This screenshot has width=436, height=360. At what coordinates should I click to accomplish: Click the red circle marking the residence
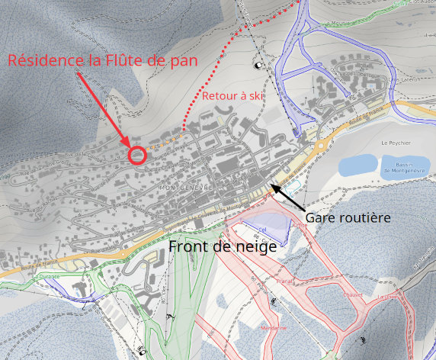click(x=137, y=155)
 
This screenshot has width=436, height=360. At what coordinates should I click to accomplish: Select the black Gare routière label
click(x=348, y=217)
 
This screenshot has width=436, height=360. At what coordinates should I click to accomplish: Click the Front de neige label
click(x=222, y=247)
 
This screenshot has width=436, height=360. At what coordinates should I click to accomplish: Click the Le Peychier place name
click(x=396, y=143)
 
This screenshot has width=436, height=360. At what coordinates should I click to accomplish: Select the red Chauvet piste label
click(x=353, y=293)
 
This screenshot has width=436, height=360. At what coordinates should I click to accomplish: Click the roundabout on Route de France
click(x=321, y=143)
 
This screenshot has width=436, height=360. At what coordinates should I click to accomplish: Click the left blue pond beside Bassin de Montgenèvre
click(x=357, y=164)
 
